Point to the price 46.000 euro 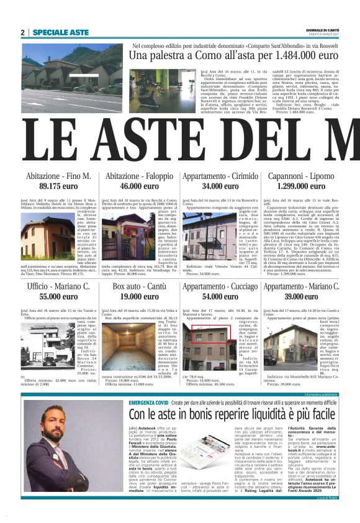[x=138, y=169]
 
